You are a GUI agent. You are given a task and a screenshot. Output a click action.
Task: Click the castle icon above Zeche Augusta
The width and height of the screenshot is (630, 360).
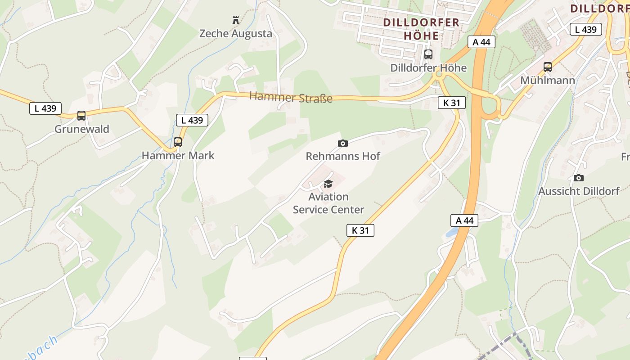[x=235, y=20]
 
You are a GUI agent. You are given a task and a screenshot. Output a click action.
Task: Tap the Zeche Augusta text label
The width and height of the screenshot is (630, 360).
[x=235, y=33]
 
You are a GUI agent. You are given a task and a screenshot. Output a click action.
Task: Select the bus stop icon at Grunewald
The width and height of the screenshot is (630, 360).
[x=81, y=116]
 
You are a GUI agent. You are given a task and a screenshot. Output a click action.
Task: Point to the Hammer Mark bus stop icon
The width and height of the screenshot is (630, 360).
[x=178, y=142]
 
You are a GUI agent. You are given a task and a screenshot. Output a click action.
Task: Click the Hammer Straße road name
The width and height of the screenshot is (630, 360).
[x=291, y=97]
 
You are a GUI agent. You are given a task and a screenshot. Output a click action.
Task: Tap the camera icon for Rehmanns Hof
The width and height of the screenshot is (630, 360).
[x=343, y=143]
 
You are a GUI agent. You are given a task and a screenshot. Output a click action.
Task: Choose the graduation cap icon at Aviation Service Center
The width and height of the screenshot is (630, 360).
[x=328, y=184]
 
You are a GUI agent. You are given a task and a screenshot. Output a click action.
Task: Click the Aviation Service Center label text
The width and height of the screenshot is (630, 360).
[x=328, y=203]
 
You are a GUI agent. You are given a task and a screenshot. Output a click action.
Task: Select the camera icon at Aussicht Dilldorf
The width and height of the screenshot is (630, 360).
[x=579, y=178]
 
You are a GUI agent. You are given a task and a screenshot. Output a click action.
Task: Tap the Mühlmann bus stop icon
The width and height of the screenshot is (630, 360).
[x=548, y=67]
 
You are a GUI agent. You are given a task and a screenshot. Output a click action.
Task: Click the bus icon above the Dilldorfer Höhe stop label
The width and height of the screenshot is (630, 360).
[x=428, y=54]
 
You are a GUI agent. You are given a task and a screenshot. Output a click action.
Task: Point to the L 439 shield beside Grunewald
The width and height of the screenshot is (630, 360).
[x=45, y=108]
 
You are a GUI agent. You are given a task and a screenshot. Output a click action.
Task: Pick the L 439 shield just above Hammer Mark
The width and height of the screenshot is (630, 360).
[x=192, y=120]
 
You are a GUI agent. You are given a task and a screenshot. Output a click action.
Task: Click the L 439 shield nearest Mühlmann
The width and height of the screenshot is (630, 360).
[x=586, y=30]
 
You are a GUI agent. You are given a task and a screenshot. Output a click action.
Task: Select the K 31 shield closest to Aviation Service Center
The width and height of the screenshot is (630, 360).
[x=360, y=230]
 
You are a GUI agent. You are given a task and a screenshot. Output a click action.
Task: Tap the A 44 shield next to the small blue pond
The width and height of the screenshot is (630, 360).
[x=464, y=220]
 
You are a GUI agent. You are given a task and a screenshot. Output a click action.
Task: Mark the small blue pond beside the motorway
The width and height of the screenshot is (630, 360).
[x=451, y=232]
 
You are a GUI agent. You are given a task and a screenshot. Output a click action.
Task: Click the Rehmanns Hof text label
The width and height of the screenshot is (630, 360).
[x=343, y=156]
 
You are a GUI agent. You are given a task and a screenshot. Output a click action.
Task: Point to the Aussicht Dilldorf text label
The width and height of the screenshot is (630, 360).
[x=579, y=191]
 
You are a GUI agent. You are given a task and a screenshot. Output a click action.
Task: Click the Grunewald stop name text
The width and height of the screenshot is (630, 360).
[x=82, y=129]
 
